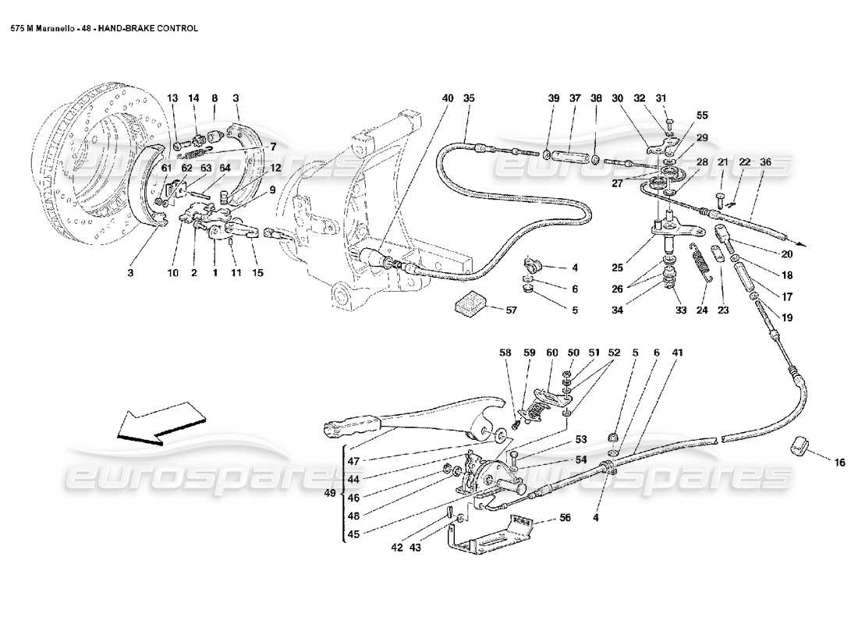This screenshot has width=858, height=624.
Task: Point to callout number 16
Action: [x=839, y=463]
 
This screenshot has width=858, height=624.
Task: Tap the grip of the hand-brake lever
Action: [x=351, y=427]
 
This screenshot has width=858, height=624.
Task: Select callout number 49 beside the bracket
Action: [x=331, y=494]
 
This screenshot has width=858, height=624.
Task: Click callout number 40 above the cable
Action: [x=447, y=98]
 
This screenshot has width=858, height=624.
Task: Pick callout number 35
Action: [x=469, y=98]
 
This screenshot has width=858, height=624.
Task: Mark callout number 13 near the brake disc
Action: [x=172, y=98]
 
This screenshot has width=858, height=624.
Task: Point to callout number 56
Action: [x=565, y=517]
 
